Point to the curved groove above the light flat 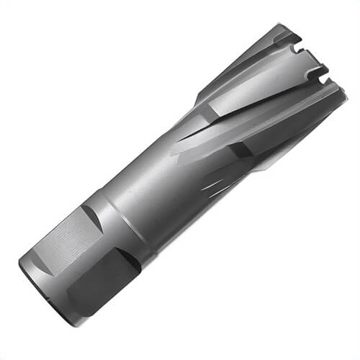(x=89, y=214)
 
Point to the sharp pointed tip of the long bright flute (x=180, y=137)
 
